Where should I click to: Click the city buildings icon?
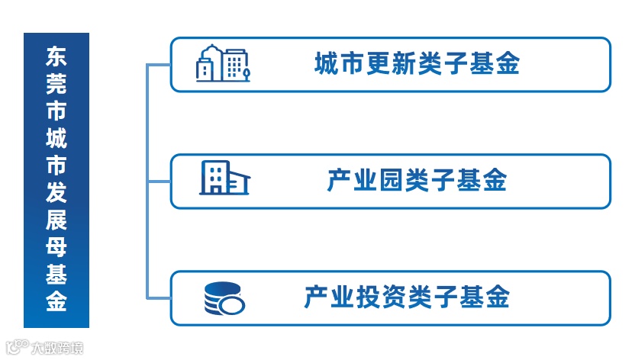click(x=222, y=64)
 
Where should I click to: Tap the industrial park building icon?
click(x=224, y=178)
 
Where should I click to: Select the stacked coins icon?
click(x=224, y=297)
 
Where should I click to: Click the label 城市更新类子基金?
click(x=417, y=63)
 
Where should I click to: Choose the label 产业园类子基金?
click(x=417, y=181)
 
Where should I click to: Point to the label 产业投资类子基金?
click(x=406, y=297)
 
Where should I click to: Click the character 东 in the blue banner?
click(x=56, y=56)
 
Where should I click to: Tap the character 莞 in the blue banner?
click(x=56, y=84)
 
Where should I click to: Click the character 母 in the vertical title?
click(x=56, y=246)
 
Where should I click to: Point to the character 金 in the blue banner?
click(x=56, y=301)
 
